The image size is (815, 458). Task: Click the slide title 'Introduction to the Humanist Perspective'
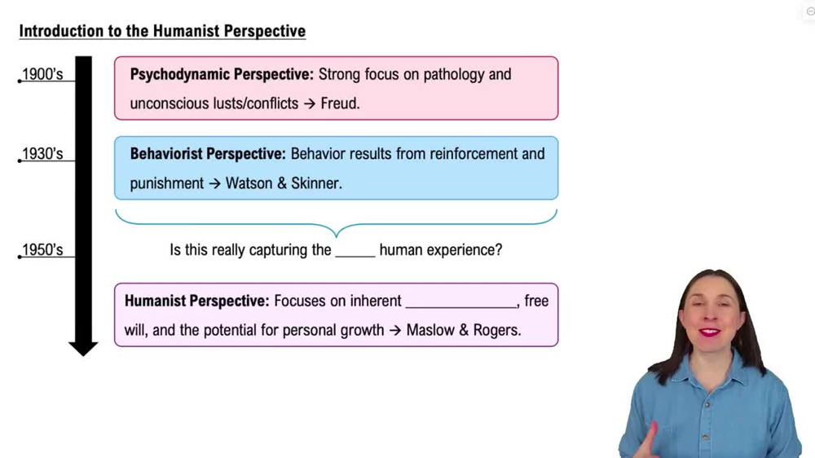(x=162, y=32)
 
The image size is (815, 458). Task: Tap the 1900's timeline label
(x=42, y=75)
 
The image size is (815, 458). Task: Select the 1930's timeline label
(x=42, y=154)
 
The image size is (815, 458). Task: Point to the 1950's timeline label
(x=42, y=250)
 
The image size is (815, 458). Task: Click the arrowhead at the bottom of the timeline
(x=83, y=348)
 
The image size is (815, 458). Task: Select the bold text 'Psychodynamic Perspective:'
(x=222, y=75)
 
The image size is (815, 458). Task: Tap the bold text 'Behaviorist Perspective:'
(x=208, y=154)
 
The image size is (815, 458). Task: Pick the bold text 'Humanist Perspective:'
(x=196, y=302)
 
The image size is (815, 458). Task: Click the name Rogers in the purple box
(x=494, y=331)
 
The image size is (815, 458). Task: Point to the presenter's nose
(x=707, y=316)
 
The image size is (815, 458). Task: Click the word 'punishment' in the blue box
(x=167, y=183)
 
